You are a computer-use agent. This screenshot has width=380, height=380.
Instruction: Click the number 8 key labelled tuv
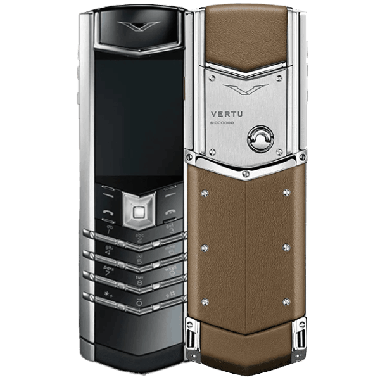(x=139, y=279)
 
